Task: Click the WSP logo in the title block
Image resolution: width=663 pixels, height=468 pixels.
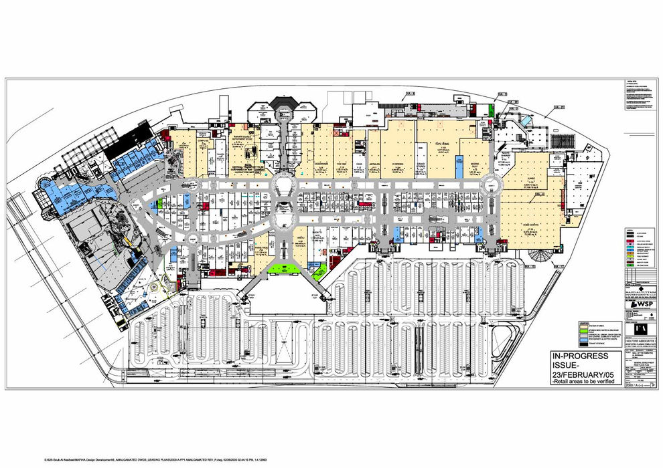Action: (x=642, y=305)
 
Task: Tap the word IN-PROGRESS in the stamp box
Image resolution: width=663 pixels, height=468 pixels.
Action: (x=580, y=355)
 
